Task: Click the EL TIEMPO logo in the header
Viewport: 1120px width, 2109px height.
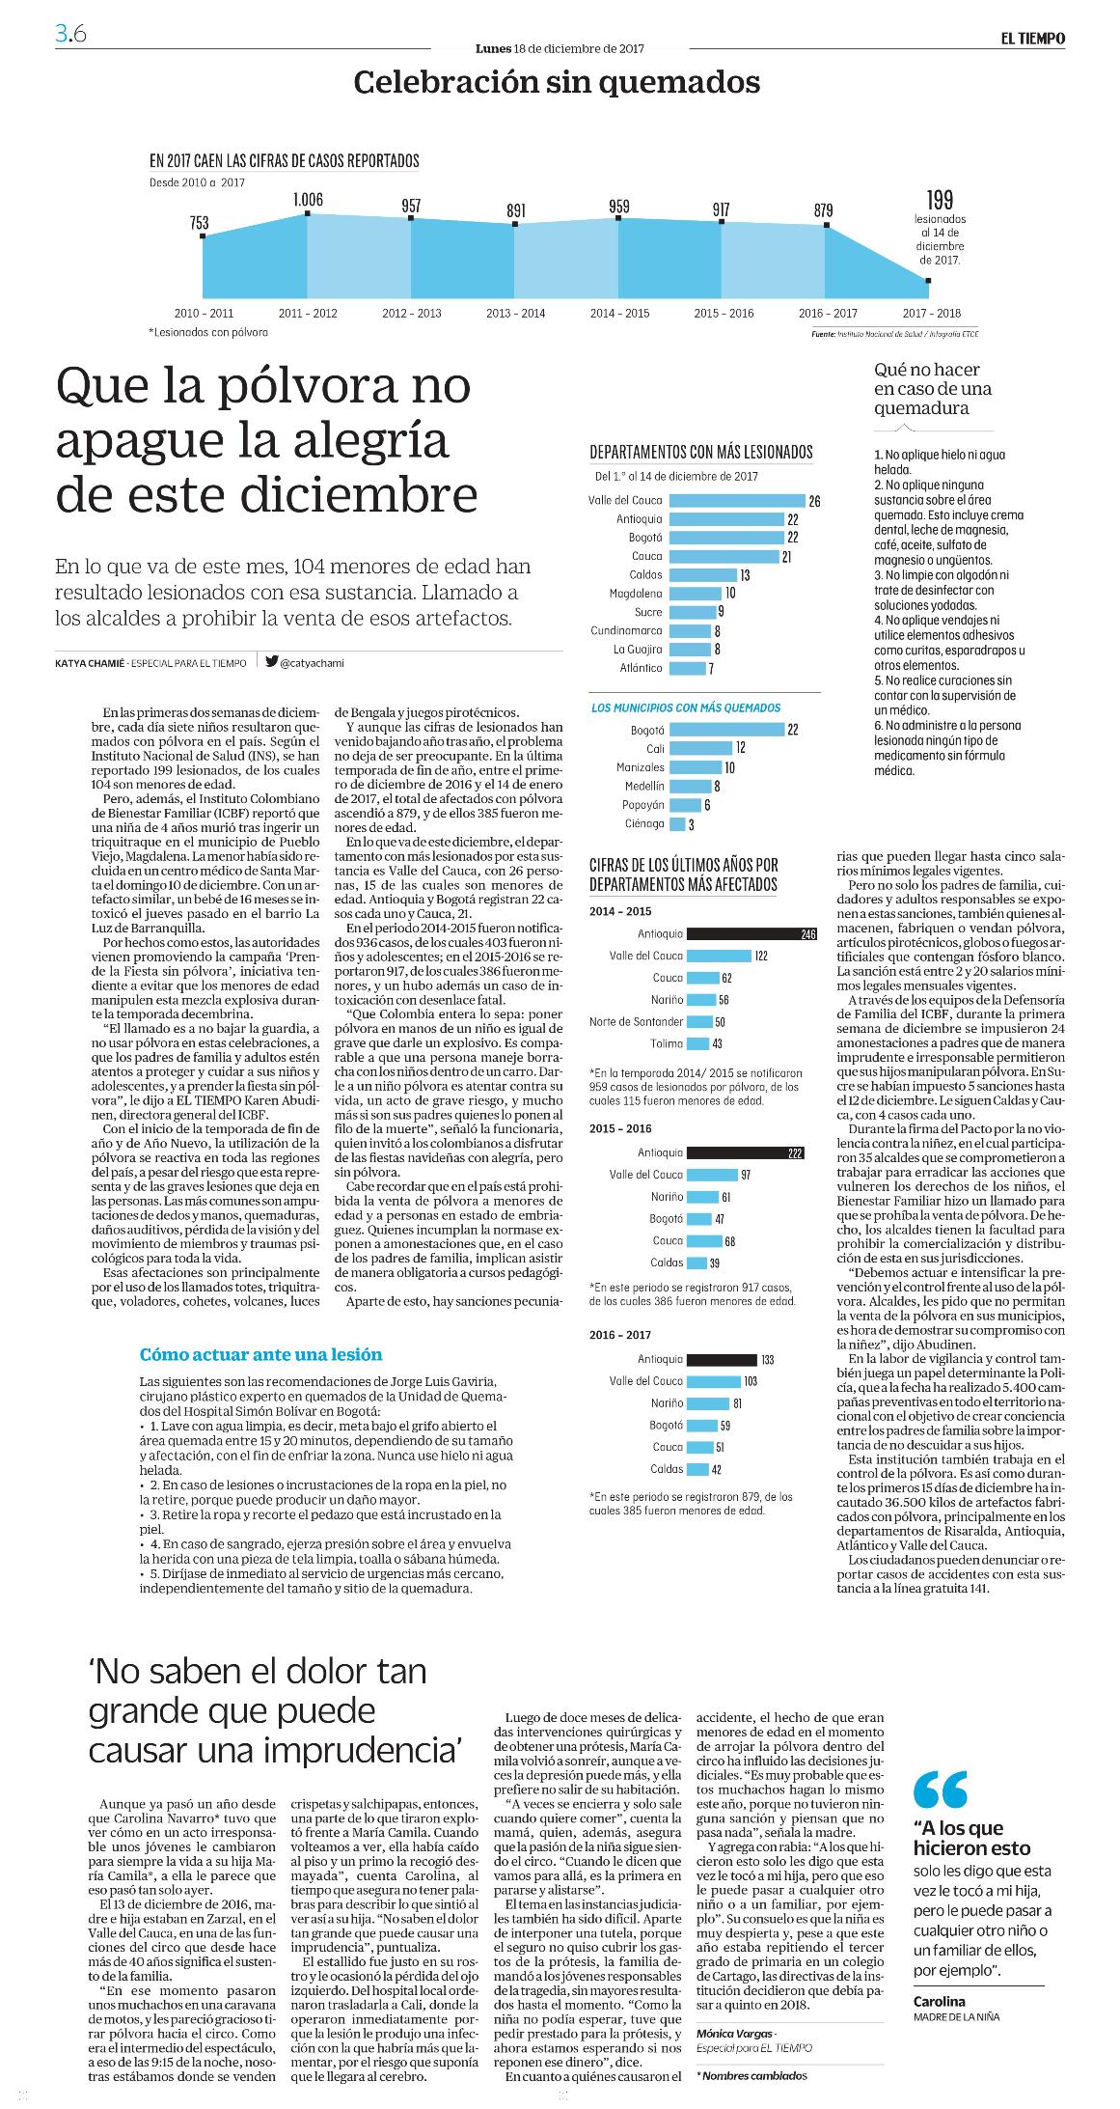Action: [x=1031, y=39]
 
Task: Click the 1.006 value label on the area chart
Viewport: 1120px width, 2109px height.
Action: [x=308, y=200]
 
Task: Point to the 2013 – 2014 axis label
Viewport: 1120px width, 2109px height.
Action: [x=515, y=313]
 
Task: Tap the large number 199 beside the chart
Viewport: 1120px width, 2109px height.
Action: [x=940, y=200]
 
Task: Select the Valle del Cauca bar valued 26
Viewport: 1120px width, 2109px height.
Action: [x=737, y=501]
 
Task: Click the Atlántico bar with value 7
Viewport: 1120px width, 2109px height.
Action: [x=687, y=668]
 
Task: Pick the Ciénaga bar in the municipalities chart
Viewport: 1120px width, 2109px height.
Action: [x=677, y=824]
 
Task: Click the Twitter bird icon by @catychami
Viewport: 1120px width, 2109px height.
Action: [x=272, y=662]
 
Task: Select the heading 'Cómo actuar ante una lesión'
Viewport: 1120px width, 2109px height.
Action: [x=260, y=1354]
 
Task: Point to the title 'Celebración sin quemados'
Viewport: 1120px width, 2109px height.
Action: [x=558, y=82]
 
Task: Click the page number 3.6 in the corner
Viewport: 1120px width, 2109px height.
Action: [x=70, y=35]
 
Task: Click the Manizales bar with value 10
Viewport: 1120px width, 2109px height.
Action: [x=696, y=768]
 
